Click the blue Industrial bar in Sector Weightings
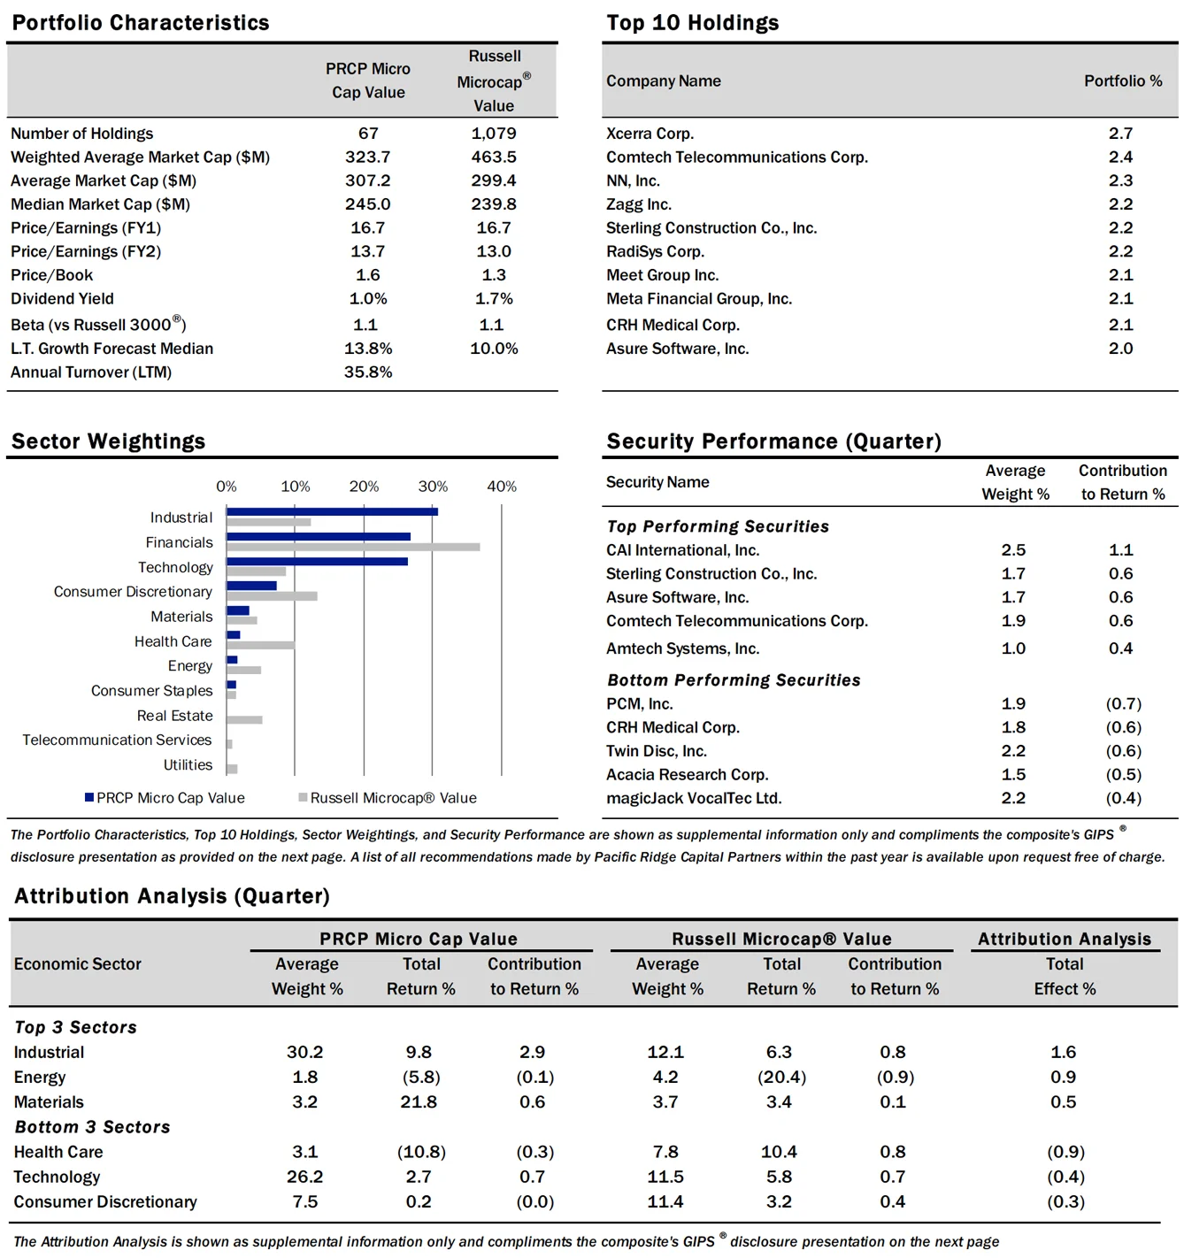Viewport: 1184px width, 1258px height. [x=332, y=511]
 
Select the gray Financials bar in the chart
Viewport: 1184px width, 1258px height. [x=353, y=547]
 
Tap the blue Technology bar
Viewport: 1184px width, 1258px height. [x=317, y=561]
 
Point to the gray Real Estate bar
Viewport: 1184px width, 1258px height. [x=244, y=719]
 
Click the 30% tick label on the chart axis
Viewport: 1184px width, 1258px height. [x=433, y=487]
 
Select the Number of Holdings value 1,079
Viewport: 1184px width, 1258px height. [x=494, y=134]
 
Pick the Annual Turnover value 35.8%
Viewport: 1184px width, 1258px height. [x=368, y=372]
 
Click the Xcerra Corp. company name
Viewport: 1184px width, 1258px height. [x=650, y=134]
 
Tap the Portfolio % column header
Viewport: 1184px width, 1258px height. [x=1123, y=81]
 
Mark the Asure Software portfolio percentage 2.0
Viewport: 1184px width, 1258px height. [x=1120, y=349]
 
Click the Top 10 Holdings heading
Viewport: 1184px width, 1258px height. [x=692, y=23]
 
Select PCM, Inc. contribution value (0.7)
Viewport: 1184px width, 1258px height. [x=1123, y=704]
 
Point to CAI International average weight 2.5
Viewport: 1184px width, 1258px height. [x=1013, y=550]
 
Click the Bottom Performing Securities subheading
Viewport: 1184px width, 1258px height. [x=734, y=680]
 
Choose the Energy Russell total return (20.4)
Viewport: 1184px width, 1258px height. [x=781, y=1078]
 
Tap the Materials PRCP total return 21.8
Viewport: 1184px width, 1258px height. [x=419, y=1102]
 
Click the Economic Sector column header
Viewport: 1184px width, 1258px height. [x=78, y=964]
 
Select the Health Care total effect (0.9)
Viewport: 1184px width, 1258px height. [x=1065, y=1152]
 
